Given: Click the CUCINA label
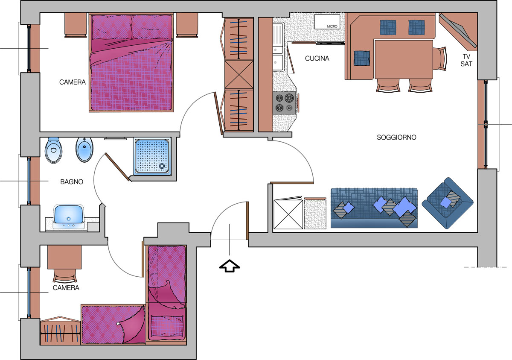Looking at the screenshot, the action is pyautogui.click(x=317, y=59).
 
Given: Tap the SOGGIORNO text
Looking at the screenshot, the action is pyautogui.click(x=396, y=138).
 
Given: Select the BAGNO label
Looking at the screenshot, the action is pyautogui.click(x=72, y=182).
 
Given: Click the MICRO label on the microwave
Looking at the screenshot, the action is pyautogui.click(x=332, y=26).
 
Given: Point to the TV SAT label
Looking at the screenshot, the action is pyautogui.click(x=466, y=60).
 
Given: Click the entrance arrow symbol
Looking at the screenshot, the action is pyautogui.click(x=230, y=266).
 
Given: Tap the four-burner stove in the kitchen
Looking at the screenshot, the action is pyautogui.click(x=284, y=102).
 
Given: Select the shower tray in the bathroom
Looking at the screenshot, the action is pyautogui.click(x=153, y=157).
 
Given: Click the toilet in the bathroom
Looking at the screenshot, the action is pyautogui.click(x=53, y=150).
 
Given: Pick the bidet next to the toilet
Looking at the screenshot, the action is pyautogui.click(x=84, y=149).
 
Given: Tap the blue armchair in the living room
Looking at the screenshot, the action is pyautogui.click(x=448, y=203).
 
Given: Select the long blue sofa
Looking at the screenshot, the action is pyautogui.click(x=374, y=208).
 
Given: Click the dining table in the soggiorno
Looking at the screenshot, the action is pyautogui.click(x=404, y=59).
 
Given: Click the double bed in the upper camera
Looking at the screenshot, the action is pyautogui.click(x=131, y=63).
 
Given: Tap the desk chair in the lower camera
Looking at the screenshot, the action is pyautogui.click(x=65, y=275).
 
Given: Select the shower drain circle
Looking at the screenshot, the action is pyautogui.click(x=162, y=166).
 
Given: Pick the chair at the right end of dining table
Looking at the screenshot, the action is pyautogui.click(x=439, y=59).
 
